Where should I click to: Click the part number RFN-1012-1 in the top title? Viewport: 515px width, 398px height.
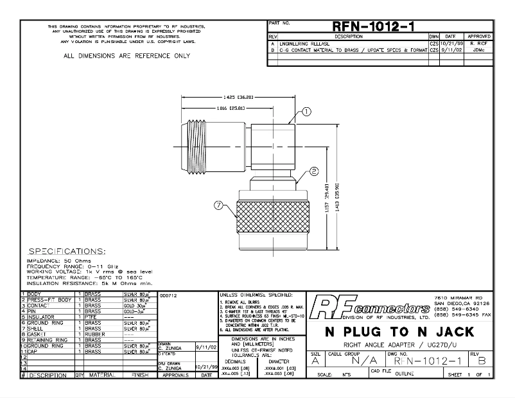pyautogui.click(x=372, y=26)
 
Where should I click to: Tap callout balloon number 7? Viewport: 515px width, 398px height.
pyautogui.click(x=219, y=206)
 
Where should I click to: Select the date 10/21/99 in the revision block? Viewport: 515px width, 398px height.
pyautogui.click(x=450, y=43)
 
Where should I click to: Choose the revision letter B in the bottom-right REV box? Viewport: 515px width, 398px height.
pyautogui.click(x=483, y=361)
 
